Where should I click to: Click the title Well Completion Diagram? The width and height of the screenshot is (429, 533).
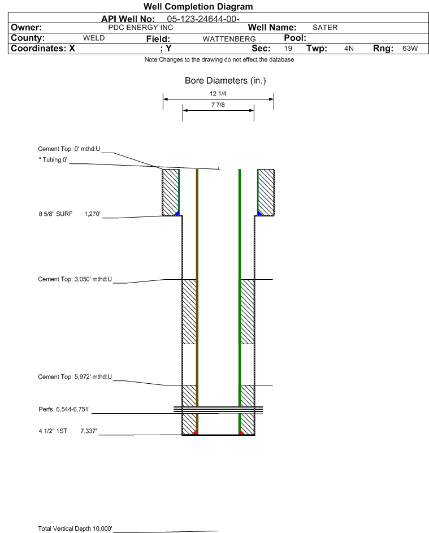[198, 6]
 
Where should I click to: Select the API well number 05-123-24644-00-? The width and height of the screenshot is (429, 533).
[203, 19]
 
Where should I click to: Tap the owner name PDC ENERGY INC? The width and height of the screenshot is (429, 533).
[140, 28]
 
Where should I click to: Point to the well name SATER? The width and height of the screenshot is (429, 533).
[325, 28]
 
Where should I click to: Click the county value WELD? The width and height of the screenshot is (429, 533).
[94, 38]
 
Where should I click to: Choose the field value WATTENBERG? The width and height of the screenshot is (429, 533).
[229, 39]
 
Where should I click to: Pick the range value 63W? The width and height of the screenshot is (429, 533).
[410, 48]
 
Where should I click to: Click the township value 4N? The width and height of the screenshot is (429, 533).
[349, 48]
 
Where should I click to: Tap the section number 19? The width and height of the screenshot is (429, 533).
[288, 48]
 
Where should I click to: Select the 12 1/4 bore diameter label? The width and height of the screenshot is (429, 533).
[218, 93]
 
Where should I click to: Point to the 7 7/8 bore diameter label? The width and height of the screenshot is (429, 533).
[218, 105]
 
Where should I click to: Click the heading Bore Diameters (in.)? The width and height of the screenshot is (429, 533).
[226, 81]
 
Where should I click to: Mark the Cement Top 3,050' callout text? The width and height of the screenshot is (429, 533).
[75, 279]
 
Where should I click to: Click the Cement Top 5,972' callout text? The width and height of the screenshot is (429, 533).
[75, 377]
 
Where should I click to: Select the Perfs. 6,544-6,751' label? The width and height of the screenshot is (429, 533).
[64, 410]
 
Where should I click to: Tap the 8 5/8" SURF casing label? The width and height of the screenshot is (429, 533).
[55, 214]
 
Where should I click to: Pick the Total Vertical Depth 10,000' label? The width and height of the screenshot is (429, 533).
[75, 528]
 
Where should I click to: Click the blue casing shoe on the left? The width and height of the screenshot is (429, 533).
[177, 213]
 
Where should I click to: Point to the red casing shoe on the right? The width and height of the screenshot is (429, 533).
[241, 432]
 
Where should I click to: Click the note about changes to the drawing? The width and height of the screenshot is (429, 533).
[219, 59]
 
